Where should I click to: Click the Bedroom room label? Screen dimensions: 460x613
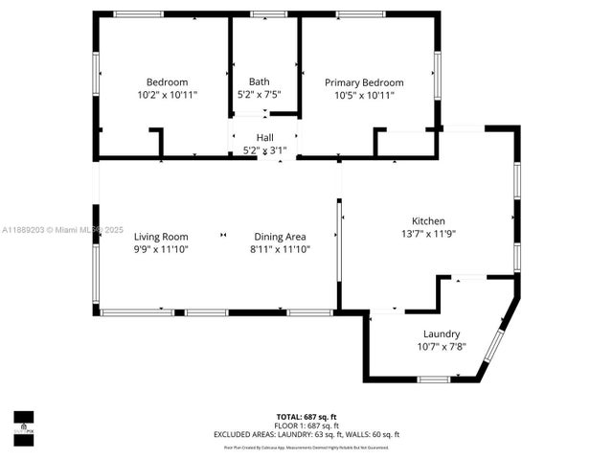[167, 82]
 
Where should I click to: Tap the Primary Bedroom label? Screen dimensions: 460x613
[364, 82]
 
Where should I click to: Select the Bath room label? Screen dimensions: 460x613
[259, 81]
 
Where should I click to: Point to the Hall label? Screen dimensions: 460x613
[264, 138]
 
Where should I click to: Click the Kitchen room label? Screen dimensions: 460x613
[428, 220]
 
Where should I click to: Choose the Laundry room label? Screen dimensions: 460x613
[442, 333]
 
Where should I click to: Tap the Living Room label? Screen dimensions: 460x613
[161, 237]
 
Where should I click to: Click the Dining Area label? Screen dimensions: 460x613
[280, 237]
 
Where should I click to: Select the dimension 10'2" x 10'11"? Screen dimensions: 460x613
[167, 95]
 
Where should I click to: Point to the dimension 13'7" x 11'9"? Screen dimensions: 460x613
[428, 233]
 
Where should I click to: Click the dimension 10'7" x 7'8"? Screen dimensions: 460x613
[442, 346]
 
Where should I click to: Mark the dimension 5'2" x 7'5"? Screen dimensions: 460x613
[259, 95]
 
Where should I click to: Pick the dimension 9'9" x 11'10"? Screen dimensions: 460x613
[161, 249]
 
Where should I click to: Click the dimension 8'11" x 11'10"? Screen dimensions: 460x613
[280, 249]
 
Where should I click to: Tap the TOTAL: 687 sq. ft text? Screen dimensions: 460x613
[306, 417]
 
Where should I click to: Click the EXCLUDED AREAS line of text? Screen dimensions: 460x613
[306, 434]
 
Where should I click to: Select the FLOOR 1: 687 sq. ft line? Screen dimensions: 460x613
[306, 425]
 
